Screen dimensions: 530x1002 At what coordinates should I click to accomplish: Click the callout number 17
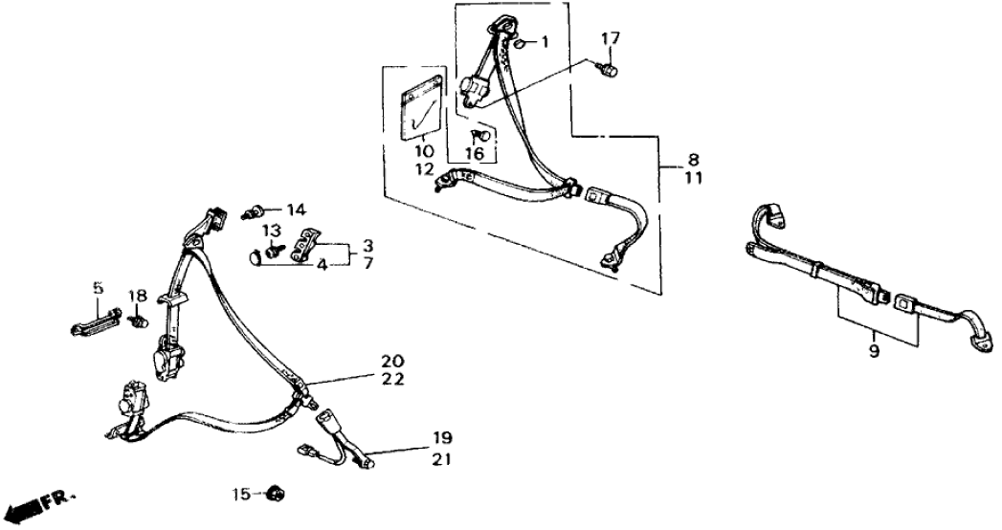[611, 38]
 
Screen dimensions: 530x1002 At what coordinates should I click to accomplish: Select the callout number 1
[545, 42]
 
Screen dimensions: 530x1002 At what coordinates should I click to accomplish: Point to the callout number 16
[475, 152]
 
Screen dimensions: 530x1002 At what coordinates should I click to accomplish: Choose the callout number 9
[873, 352]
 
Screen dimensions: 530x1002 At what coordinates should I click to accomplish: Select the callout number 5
[96, 286]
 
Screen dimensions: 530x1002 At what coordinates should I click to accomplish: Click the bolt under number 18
[137, 320]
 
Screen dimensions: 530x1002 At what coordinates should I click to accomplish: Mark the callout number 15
[241, 495]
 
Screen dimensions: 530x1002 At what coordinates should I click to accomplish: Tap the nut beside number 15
[277, 495]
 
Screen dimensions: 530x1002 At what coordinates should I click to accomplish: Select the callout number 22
[392, 380]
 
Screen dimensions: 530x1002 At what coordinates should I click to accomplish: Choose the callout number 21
[440, 459]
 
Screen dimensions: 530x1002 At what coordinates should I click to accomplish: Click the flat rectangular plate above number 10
[420, 107]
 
